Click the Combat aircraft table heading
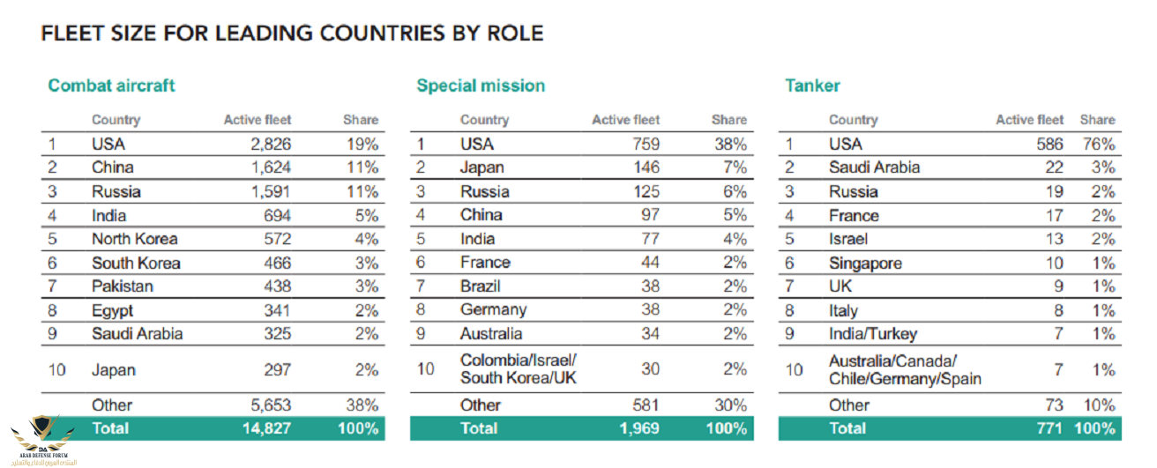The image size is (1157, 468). (x=111, y=85)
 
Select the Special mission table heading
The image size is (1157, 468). (x=481, y=85)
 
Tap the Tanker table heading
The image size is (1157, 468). (x=812, y=85)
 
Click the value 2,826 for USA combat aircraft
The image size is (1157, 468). (x=268, y=145)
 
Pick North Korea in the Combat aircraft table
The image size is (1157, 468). (x=134, y=239)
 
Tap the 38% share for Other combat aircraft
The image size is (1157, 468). (x=362, y=405)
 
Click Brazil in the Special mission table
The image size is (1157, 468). (x=480, y=286)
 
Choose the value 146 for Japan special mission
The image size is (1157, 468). (x=644, y=168)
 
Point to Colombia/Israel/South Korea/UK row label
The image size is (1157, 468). (x=517, y=368)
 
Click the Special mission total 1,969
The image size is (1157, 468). (x=638, y=428)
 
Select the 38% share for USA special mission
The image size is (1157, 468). (x=730, y=145)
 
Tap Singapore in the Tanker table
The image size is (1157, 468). (x=865, y=263)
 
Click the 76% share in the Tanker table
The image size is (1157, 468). (x=1099, y=145)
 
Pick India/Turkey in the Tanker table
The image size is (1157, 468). (x=872, y=334)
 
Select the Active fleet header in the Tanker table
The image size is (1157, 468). (x=1029, y=120)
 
